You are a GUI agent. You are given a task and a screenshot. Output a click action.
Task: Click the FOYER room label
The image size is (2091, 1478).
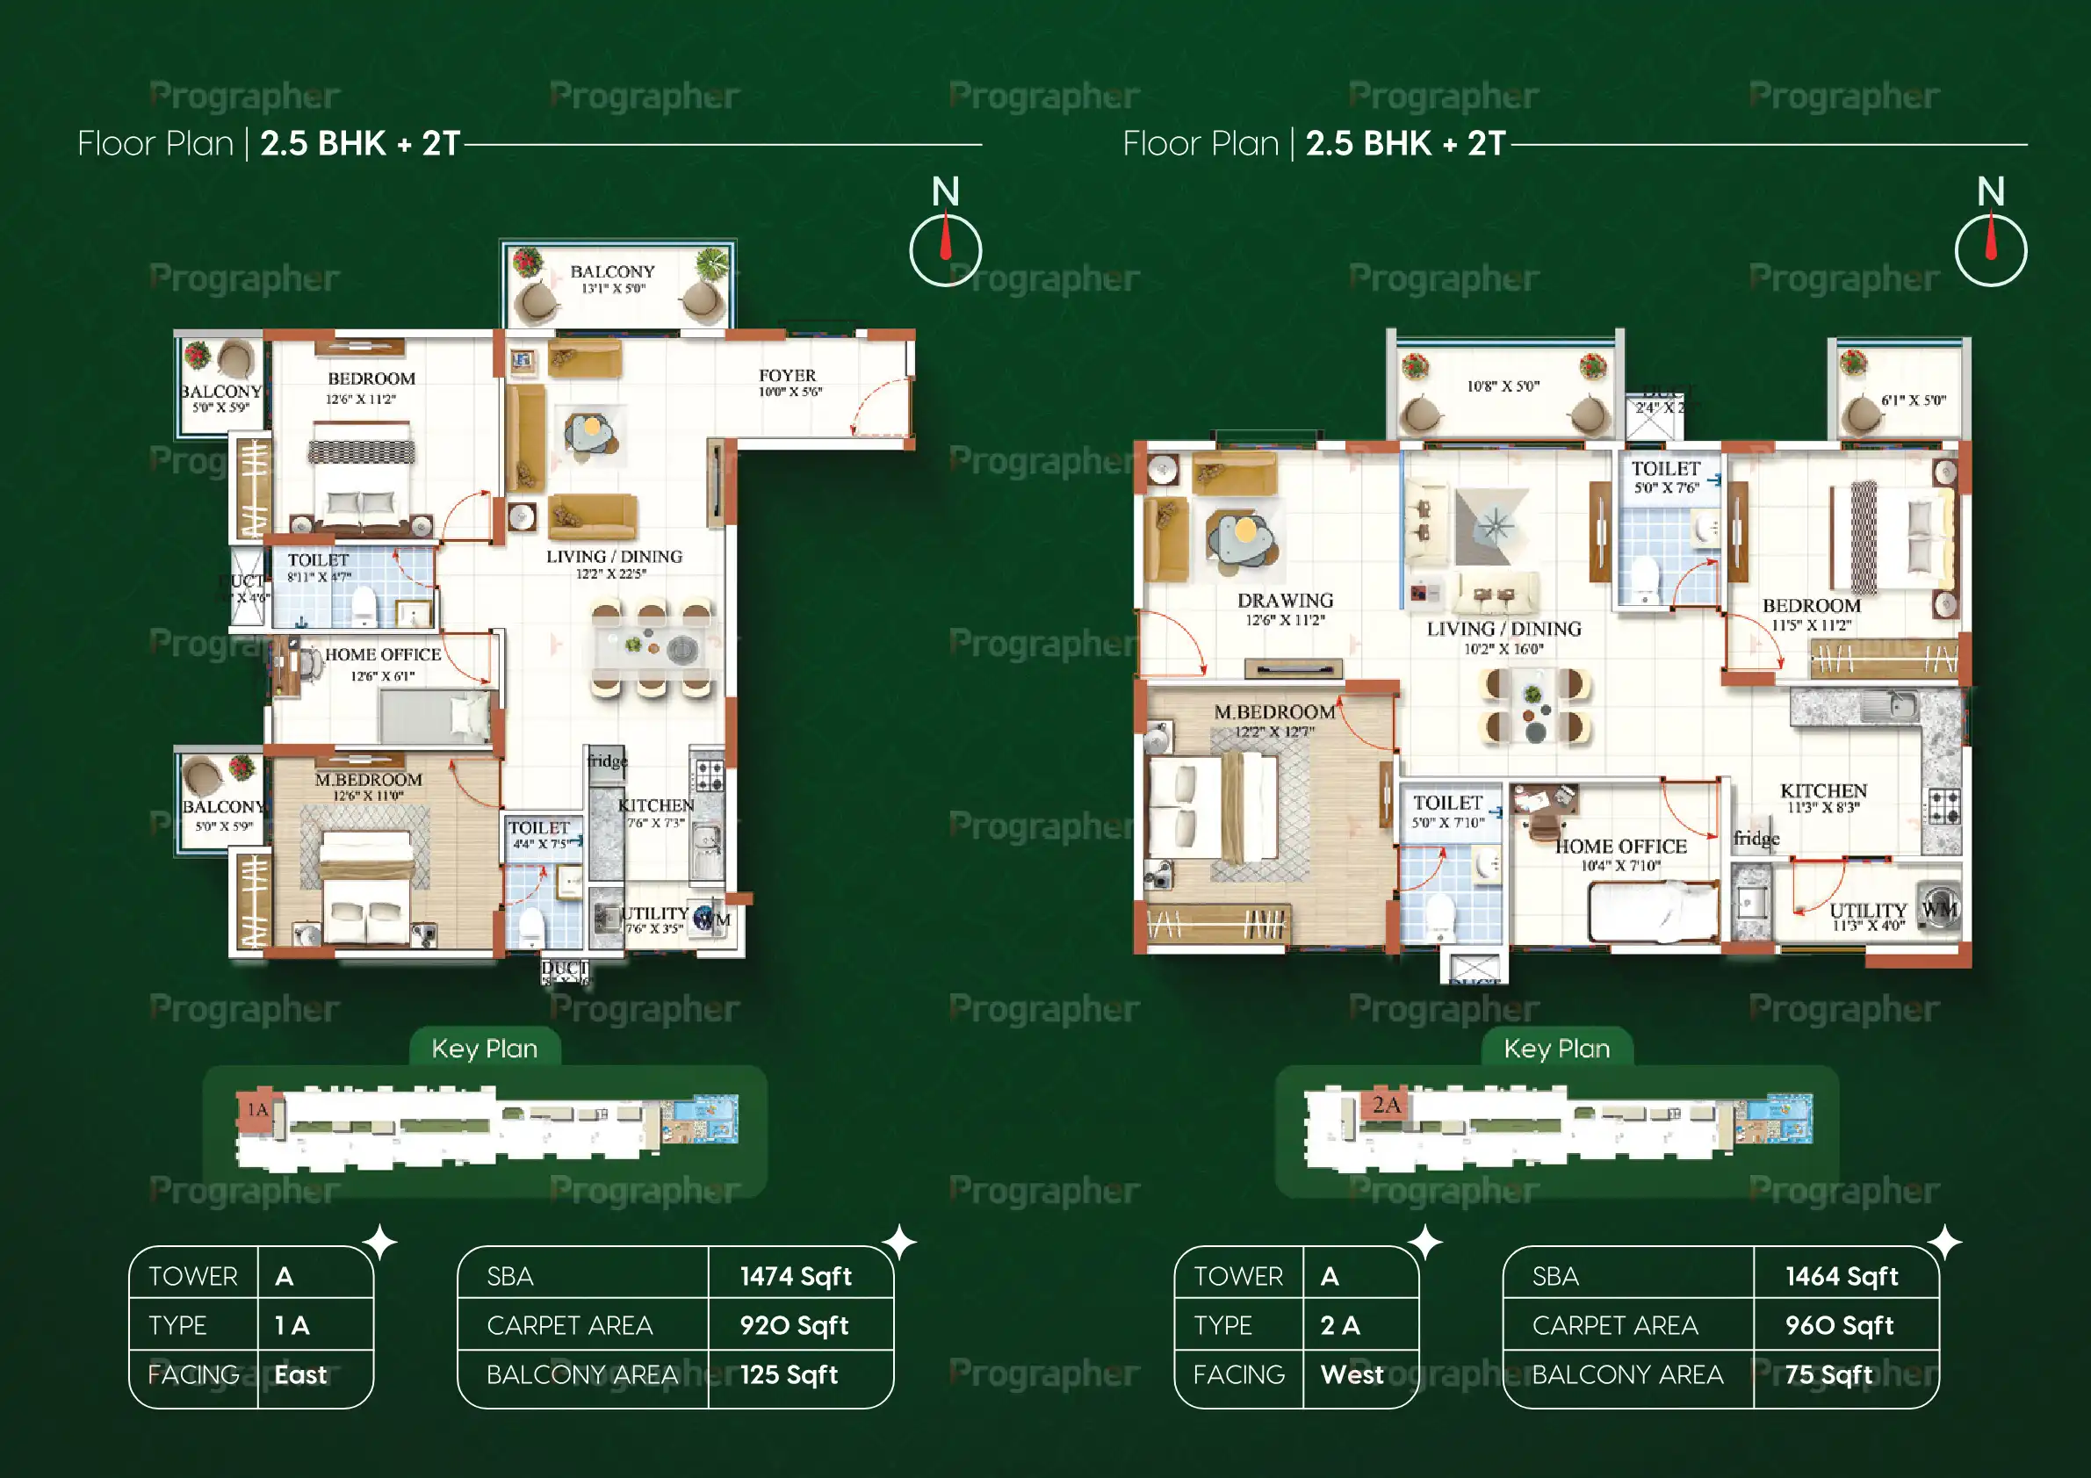[x=788, y=375]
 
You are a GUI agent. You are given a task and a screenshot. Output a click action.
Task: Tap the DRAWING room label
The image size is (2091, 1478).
[x=1285, y=601]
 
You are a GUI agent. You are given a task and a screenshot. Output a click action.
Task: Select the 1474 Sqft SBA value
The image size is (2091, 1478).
[x=795, y=1276]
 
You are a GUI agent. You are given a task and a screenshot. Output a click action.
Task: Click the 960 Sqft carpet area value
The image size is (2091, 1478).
[x=1839, y=1325]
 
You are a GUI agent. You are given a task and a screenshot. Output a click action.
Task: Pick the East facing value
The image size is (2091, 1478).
[x=300, y=1374]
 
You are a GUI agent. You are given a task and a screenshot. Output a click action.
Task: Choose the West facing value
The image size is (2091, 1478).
[x=1352, y=1374]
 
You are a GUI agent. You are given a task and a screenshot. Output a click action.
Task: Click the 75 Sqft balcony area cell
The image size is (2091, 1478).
[x=1828, y=1374]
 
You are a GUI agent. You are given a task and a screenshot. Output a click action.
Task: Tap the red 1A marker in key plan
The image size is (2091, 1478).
[x=257, y=1109]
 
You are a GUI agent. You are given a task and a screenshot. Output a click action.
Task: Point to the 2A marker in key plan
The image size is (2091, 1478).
[x=1386, y=1105]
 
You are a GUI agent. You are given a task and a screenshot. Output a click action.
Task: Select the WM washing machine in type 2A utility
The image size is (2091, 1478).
[x=1939, y=908]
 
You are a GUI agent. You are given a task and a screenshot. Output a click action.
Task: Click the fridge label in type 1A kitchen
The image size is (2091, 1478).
[x=607, y=761]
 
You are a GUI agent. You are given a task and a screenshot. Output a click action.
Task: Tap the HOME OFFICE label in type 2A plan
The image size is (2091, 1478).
[x=1620, y=846]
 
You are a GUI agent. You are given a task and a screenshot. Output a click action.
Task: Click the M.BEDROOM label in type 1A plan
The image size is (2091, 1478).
[x=368, y=780]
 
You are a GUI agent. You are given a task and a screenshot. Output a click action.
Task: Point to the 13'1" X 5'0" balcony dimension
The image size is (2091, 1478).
[x=613, y=289]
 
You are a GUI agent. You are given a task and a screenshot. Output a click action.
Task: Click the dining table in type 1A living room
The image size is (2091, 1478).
[x=651, y=647]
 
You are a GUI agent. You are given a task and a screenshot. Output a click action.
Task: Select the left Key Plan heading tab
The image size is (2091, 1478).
[x=485, y=1049]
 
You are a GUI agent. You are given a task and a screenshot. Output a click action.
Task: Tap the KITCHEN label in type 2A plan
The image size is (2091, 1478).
[x=1823, y=790]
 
